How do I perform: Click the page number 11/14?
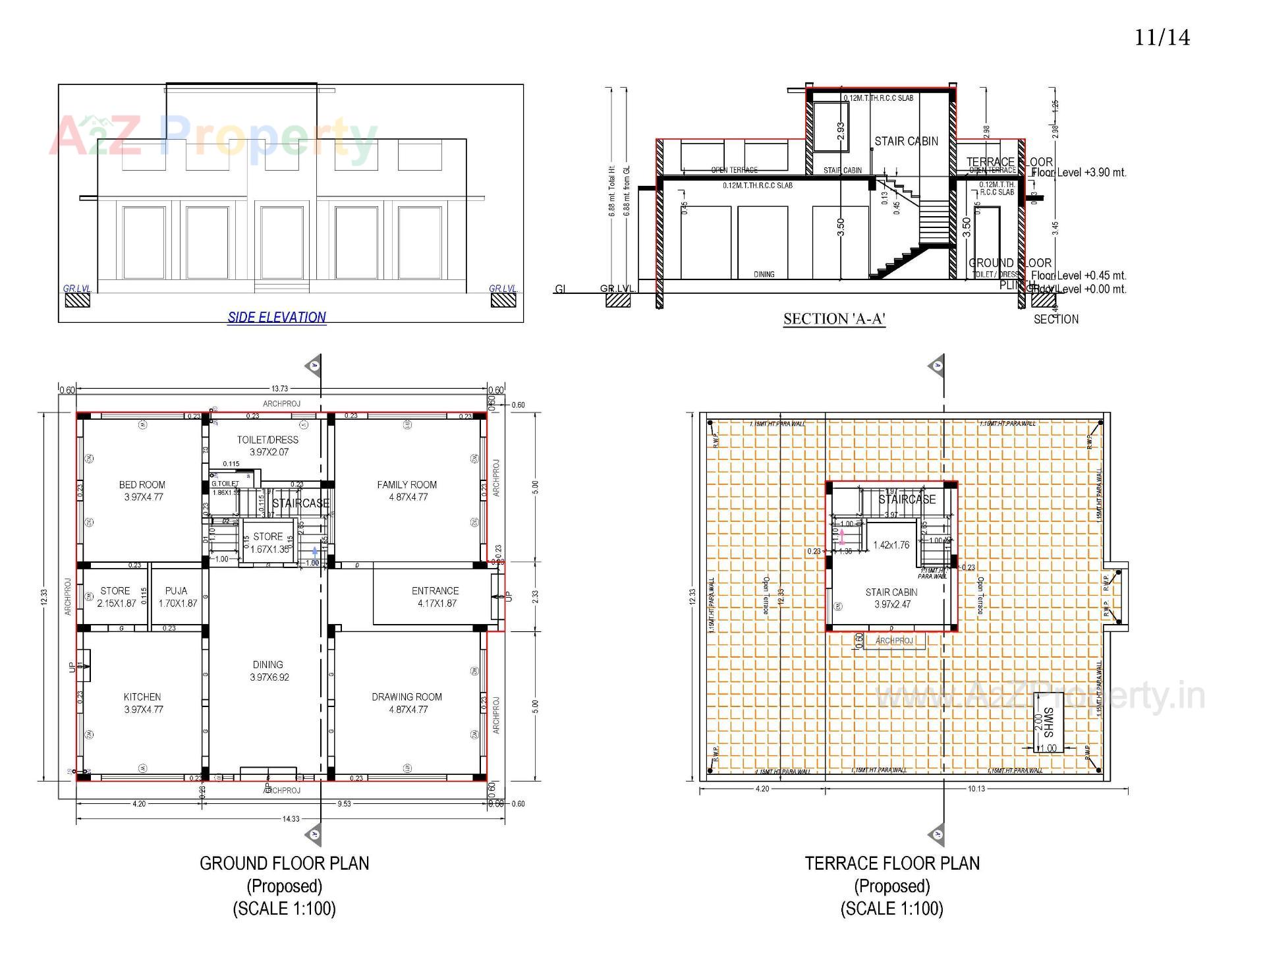pyautogui.click(x=1162, y=38)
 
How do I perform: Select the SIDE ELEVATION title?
pyautogui.click(x=277, y=317)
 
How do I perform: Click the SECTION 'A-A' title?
pyautogui.click(x=834, y=320)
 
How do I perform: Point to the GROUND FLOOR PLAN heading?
pyautogui.click(x=285, y=863)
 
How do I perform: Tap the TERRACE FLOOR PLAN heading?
pyautogui.click(x=892, y=863)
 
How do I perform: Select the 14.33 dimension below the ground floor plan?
pyautogui.click(x=291, y=819)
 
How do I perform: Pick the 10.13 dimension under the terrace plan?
pyautogui.click(x=976, y=789)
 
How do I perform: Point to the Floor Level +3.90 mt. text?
pyautogui.click(x=1079, y=173)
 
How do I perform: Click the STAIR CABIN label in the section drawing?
pyautogui.click(x=906, y=141)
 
